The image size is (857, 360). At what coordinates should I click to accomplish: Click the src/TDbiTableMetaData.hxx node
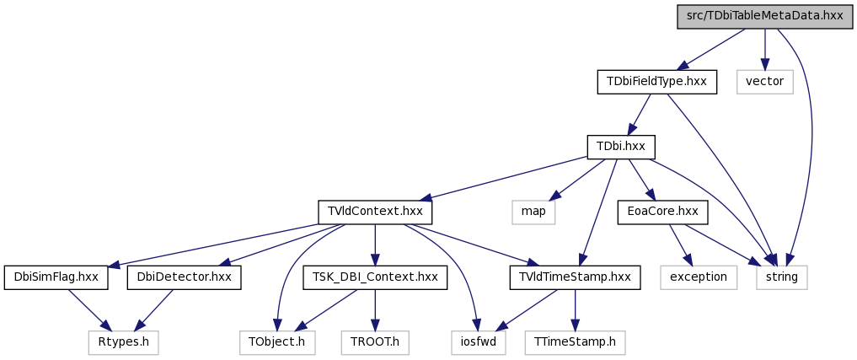pyautogui.click(x=764, y=16)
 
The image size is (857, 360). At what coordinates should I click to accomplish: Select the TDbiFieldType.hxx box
pyautogui.click(x=656, y=82)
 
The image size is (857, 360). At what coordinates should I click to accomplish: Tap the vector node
pyautogui.click(x=764, y=82)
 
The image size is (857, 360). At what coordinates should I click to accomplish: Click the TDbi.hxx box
pyautogui.click(x=621, y=148)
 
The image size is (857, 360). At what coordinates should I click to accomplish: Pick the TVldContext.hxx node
pyautogui.click(x=376, y=212)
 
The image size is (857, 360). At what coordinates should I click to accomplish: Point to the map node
pyautogui.click(x=533, y=212)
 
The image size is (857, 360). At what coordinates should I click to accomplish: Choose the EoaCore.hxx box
pyautogui.click(x=663, y=212)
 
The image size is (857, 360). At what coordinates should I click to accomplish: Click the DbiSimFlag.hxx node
pyautogui.click(x=56, y=278)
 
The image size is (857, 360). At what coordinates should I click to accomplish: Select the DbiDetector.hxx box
pyautogui.click(x=185, y=278)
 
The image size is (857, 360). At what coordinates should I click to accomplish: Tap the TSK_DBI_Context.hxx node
pyautogui.click(x=375, y=278)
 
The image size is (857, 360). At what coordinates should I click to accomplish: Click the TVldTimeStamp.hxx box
pyautogui.click(x=575, y=278)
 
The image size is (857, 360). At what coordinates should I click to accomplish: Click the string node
pyautogui.click(x=782, y=278)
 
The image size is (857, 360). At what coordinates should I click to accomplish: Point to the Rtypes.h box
pyautogui.click(x=124, y=343)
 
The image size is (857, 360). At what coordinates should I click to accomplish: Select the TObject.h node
pyautogui.click(x=277, y=343)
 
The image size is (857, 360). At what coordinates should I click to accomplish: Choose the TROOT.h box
pyautogui.click(x=375, y=343)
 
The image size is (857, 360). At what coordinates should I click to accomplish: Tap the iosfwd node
pyautogui.click(x=479, y=343)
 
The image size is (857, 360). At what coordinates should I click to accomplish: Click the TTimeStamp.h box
pyautogui.click(x=575, y=343)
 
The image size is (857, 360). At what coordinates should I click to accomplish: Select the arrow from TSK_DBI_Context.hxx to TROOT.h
pyautogui.click(x=375, y=310)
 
